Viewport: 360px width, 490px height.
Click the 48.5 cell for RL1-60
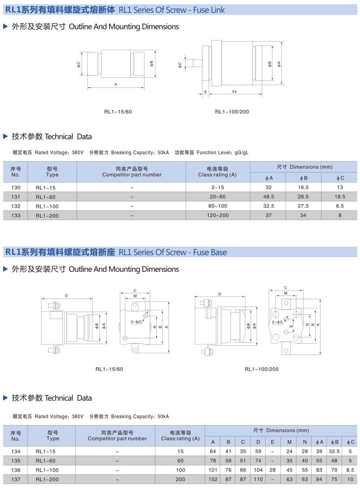[x=269, y=196]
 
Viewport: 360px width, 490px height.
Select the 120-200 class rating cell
[x=217, y=215]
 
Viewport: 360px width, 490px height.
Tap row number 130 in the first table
[x=16, y=188]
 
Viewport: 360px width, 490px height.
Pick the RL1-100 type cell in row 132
[x=47, y=206]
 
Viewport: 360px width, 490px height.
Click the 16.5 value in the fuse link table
[x=303, y=188]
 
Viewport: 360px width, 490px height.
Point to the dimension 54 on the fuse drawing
[x=234, y=92]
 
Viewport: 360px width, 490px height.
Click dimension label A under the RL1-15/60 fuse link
[x=116, y=84]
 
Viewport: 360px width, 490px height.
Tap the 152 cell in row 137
[x=213, y=479]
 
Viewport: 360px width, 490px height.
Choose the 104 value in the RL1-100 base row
[x=258, y=470]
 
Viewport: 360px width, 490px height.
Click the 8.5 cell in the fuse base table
[x=350, y=470]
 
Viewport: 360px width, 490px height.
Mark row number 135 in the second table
[x=16, y=460]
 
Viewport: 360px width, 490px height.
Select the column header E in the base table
[x=273, y=442]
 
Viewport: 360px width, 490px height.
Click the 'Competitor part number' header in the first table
[x=132, y=172]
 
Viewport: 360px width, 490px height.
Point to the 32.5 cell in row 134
[x=335, y=451]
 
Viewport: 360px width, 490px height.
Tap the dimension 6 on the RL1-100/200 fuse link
[x=205, y=92]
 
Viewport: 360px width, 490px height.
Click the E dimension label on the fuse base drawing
[x=291, y=327]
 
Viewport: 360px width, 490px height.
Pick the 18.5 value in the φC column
[x=340, y=196]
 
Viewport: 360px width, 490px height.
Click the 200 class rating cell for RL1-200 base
[x=180, y=479]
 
